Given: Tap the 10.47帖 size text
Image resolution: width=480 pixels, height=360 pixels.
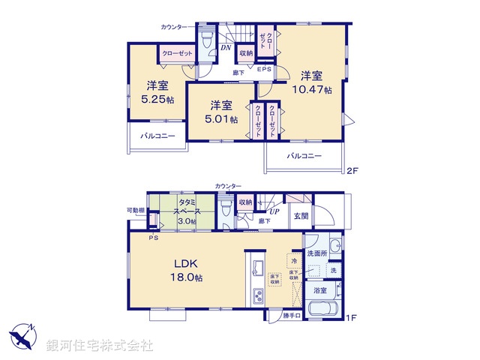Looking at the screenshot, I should point(316,90).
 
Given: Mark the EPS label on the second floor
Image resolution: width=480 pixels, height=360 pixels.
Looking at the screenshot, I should point(264,70).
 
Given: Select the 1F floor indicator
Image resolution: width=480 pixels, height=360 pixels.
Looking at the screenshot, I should point(351,318).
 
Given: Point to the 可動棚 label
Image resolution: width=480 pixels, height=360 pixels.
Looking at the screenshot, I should point(135,210).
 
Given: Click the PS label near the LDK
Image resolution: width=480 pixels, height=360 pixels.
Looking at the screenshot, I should point(153,238).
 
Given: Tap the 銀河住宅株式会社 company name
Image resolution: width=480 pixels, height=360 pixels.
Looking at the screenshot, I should point(100,346).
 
